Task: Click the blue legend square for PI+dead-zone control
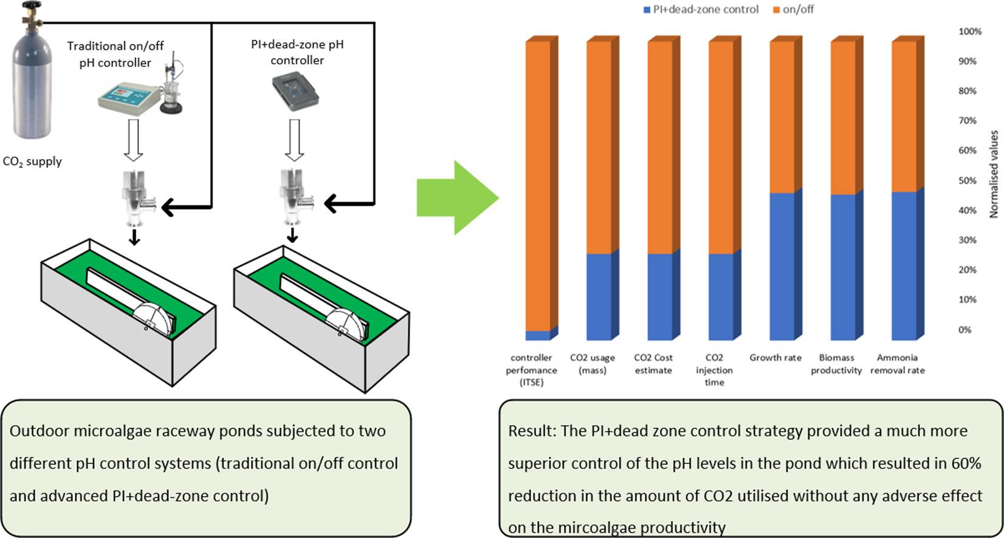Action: (647, 10)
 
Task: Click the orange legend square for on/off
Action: (777, 10)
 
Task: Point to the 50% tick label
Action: (968, 180)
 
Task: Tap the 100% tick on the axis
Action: (970, 32)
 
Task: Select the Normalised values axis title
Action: (994, 174)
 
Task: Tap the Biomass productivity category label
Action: (836, 364)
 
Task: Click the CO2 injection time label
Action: (715, 370)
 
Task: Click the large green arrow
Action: (458, 197)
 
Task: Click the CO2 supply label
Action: (32, 162)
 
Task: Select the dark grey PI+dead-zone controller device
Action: (295, 93)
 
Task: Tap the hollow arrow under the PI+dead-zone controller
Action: (294, 140)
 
